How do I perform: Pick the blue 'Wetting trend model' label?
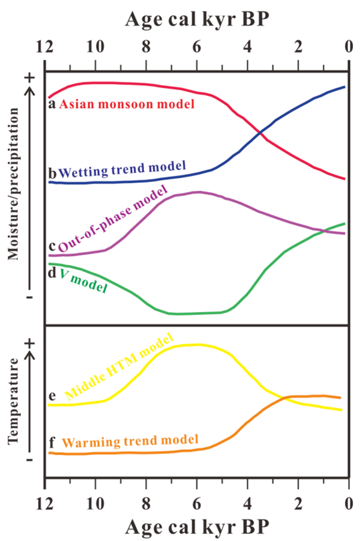(x=122, y=169)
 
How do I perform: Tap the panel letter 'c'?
(x=52, y=247)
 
